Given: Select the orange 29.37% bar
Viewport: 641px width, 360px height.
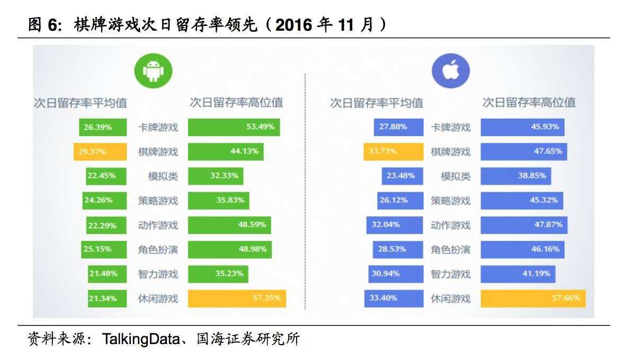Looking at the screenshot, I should tap(100, 151).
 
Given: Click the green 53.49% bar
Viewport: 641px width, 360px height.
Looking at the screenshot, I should tap(234, 127).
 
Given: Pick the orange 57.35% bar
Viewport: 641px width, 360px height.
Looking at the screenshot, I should tap(237, 299).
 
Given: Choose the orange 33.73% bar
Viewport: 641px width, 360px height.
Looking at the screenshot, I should tap(393, 151).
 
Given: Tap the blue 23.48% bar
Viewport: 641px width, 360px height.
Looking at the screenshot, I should tap(402, 176).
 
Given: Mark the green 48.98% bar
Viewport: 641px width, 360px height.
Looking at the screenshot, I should tap(229, 249).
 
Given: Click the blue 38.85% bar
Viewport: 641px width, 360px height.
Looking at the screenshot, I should tap(515, 176).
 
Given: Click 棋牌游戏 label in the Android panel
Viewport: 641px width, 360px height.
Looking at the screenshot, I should tap(158, 152).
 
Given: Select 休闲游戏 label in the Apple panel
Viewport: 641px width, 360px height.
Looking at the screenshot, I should tap(450, 299).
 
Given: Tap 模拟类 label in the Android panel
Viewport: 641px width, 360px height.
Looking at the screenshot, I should tap(163, 176).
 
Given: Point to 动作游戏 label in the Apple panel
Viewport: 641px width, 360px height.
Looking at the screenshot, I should tap(450, 225).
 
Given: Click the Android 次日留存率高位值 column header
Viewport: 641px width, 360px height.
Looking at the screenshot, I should tap(236, 102).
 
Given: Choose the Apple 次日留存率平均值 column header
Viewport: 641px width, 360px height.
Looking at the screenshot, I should tap(376, 103).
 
